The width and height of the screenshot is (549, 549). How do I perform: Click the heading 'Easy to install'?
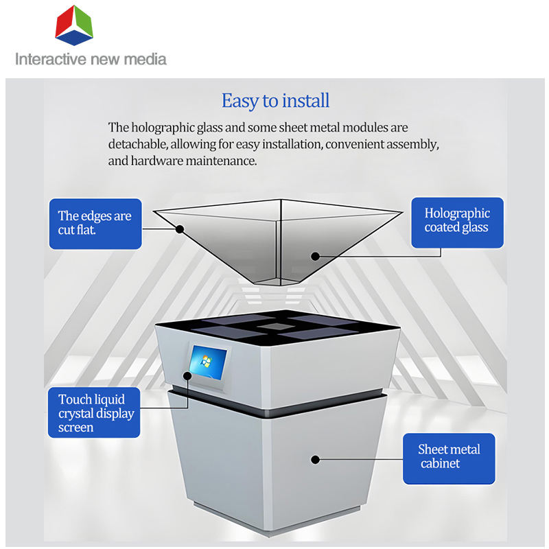coord(275,101)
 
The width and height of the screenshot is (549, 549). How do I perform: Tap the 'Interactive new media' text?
coord(91,59)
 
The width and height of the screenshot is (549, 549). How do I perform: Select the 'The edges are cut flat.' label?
coord(95,223)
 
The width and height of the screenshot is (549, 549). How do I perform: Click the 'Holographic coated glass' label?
coord(457,220)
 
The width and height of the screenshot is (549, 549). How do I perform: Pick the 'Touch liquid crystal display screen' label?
coord(95,413)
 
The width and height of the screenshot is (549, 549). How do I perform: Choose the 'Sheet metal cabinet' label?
coord(449,456)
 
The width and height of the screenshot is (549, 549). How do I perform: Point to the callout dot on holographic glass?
coord(315,257)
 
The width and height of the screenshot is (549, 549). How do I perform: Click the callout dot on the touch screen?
coord(187,375)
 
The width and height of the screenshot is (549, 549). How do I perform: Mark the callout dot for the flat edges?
coord(180,229)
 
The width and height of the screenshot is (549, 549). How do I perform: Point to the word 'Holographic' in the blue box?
coord(457,213)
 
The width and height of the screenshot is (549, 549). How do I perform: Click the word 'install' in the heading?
coord(305,101)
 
